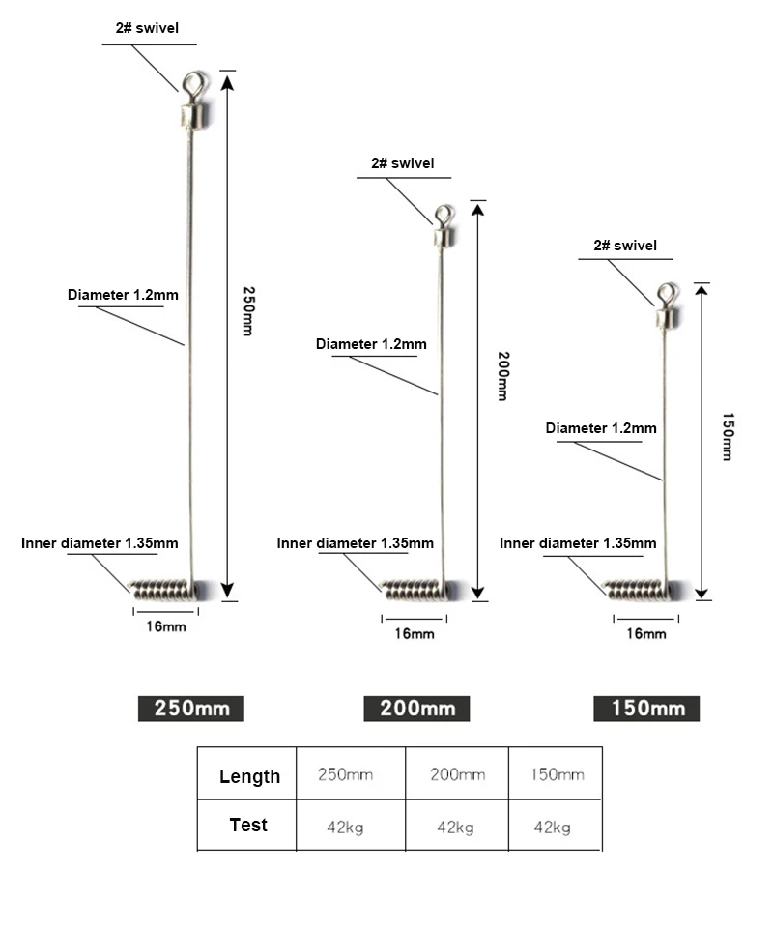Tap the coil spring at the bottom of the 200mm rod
(x=415, y=590)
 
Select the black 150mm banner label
(x=646, y=709)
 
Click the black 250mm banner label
(x=191, y=709)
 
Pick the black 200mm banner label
(x=416, y=709)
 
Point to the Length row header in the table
(x=249, y=775)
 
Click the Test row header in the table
(x=248, y=825)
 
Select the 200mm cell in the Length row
(x=458, y=774)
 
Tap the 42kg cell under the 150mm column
(x=552, y=827)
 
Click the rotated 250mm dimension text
(x=248, y=310)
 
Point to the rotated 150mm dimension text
(x=728, y=437)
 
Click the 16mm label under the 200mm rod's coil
(x=415, y=633)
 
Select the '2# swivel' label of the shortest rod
(x=625, y=245)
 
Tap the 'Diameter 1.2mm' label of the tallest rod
(x=123, y=294)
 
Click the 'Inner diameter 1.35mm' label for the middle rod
(x=355, y=542)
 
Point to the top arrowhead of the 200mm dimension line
(x=477, y=208)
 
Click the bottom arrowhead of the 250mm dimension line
(x=227, y=591)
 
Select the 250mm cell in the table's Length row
(x=345, y=774)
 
